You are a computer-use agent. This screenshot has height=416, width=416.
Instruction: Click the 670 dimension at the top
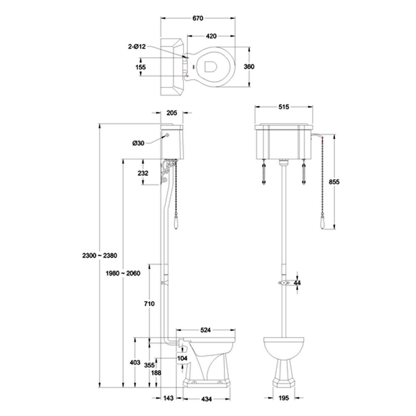coord(198,18)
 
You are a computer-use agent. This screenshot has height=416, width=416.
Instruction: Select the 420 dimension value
coord(211,36)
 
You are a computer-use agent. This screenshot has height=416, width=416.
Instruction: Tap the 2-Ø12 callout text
coord(137,47)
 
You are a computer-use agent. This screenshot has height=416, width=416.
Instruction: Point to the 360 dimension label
coord(249,67)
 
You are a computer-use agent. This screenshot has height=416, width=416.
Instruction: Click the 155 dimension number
coord(140,67)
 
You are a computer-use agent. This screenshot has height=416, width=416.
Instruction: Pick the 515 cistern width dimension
coord(283,107)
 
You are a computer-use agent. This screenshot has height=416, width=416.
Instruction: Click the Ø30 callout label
coord(138,144)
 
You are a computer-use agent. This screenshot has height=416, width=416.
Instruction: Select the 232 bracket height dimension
coord(143,173)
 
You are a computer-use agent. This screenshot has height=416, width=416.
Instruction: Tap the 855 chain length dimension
coord(334,182)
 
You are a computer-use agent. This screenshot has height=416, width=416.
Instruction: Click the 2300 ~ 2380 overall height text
coord(99,256)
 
